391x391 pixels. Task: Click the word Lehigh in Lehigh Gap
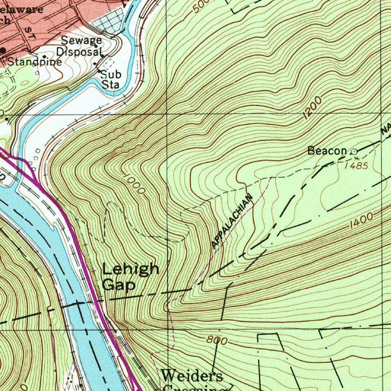[x=131, y=269]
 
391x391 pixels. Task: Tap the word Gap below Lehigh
[x=118, y=285]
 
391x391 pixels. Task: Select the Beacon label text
[x=327, y=151]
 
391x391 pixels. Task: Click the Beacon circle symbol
[x=354, y=152]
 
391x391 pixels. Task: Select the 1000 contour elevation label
[x=134, y=184]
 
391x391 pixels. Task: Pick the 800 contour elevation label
[x=217, y=340]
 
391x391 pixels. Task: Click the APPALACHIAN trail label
[x=232, y=221]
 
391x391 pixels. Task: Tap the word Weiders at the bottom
[x=192, y=376]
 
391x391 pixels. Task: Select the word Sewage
[x=81, y=40]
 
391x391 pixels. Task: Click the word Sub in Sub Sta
[x=111, y=74]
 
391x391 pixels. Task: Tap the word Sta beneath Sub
[x=110, y=84]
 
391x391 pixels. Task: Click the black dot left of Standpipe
[x=3, y=50]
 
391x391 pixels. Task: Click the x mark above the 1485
[x=357, y=158]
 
